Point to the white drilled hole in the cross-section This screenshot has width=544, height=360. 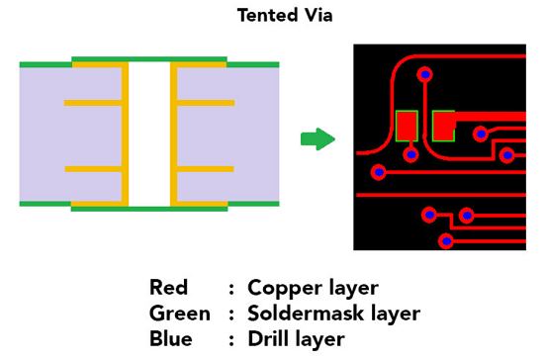[x=149, y=135]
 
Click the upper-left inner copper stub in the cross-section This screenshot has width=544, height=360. [x=93, y=103]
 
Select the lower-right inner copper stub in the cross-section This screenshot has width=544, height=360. [x=205, y=169]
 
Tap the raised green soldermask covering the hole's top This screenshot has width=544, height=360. [x=149, y=59]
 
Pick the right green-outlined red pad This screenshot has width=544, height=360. [x=443, y=126]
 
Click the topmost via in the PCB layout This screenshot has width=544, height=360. [x=425, y=74]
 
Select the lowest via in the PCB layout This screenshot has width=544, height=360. [x=446, y=240]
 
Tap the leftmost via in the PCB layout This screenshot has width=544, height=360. [x=378, y=172]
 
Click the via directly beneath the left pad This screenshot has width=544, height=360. [x=409, y=153]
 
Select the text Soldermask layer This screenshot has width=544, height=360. [x=333, y=314]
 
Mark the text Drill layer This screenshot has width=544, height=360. [x=296, y=339]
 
